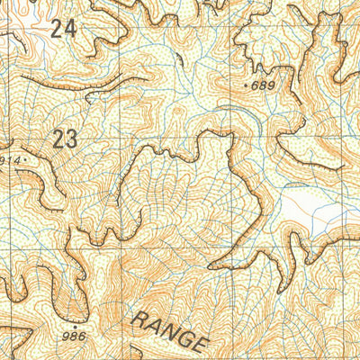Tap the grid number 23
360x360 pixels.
point(63,139)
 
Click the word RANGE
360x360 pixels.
point(171,332)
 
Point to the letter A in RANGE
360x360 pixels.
point(157,326)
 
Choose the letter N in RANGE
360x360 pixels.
point(171,332)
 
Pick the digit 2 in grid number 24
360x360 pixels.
point(57,29)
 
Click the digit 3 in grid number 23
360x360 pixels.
point(69,139)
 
